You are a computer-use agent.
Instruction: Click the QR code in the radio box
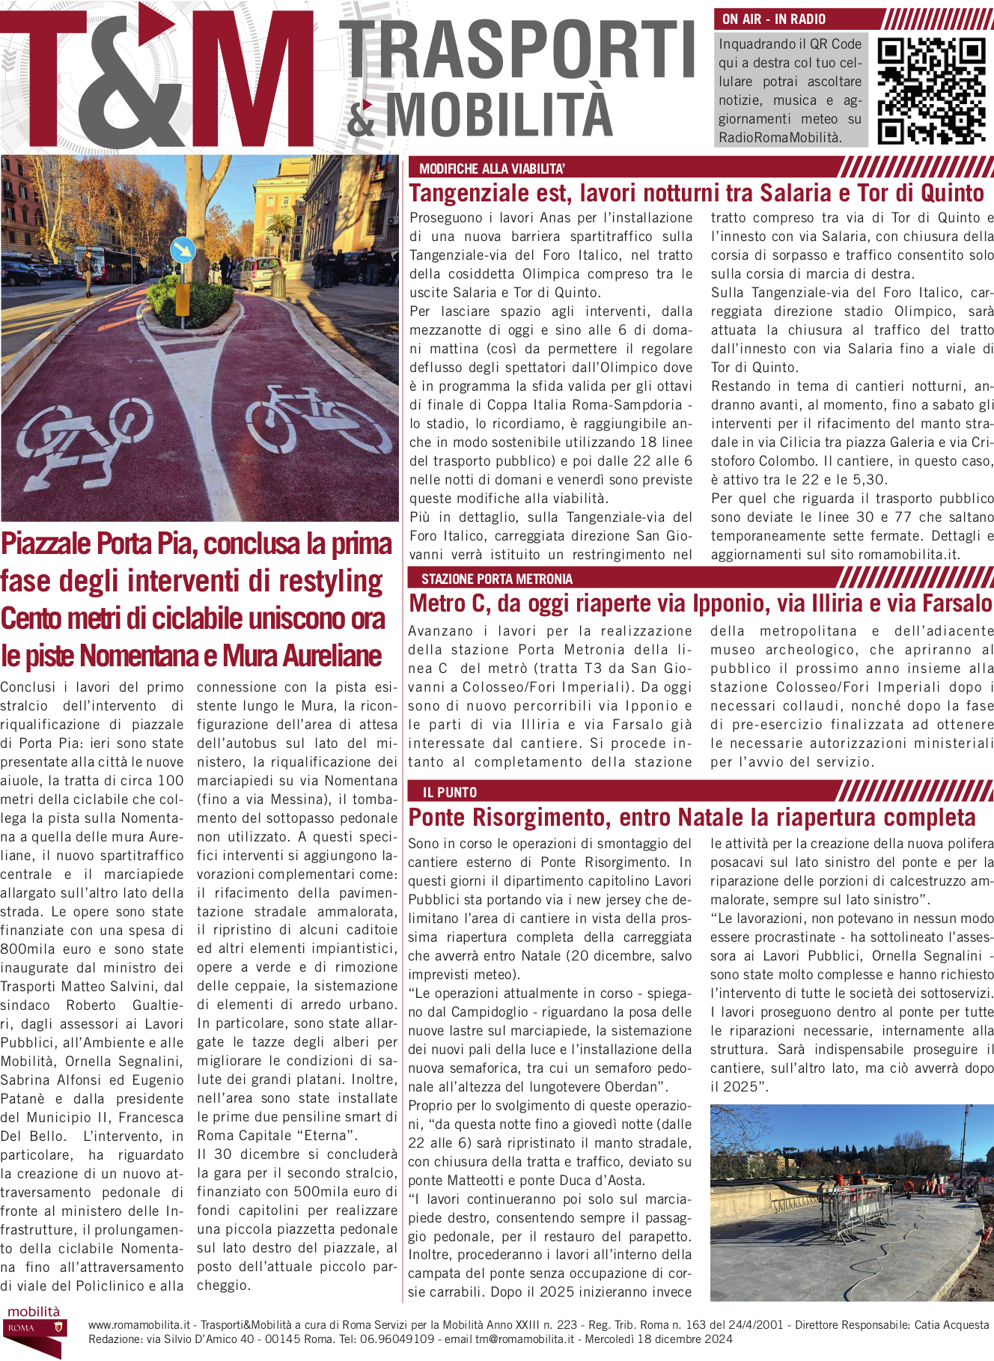(x=931, y=91)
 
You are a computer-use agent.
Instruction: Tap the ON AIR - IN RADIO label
(x=774, y=19)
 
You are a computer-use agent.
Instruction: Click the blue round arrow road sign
(x=182, y=249)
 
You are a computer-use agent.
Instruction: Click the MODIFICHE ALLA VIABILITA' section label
(x=492, y=169)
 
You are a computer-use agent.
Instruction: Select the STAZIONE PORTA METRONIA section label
(x=497, y=579)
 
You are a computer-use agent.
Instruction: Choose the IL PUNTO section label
(x=450, y=792)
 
